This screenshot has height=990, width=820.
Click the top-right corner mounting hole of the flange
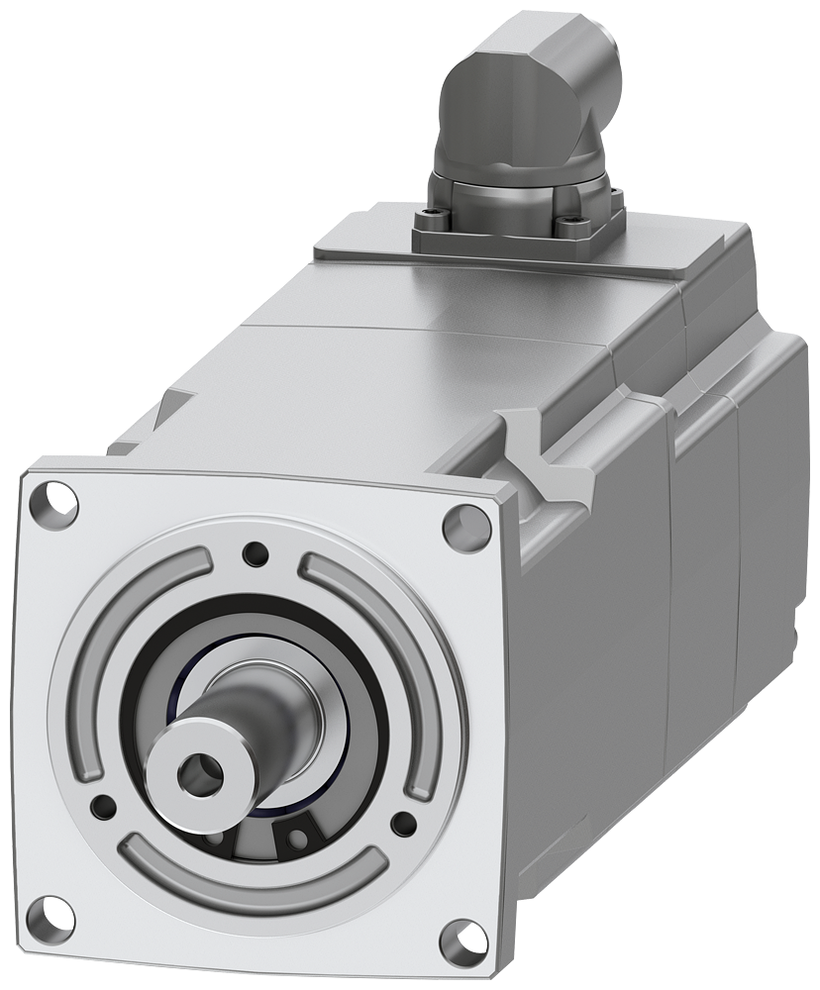coord(465,527)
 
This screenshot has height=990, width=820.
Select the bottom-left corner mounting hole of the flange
coord(52,912)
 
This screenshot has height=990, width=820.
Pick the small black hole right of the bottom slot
coord(403,823)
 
